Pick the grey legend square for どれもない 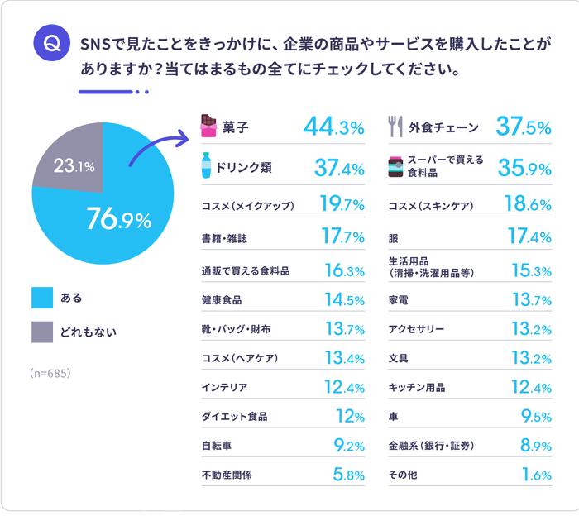(42, 332)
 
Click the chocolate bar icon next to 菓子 (208, 127)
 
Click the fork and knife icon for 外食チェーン (395, 127)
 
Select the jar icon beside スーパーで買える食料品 (395, 166)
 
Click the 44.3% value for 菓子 (333, 127)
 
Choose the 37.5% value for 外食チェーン (523, 127)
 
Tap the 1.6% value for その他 (536, 475)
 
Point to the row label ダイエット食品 (234, 416)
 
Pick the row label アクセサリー (416, 329)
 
